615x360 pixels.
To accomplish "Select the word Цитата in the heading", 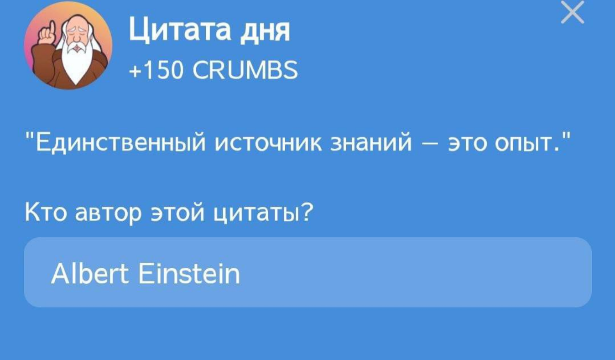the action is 180,30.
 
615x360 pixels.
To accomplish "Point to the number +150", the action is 156,70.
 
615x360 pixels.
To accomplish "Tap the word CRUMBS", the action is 245,70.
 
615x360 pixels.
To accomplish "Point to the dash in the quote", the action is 430,145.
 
